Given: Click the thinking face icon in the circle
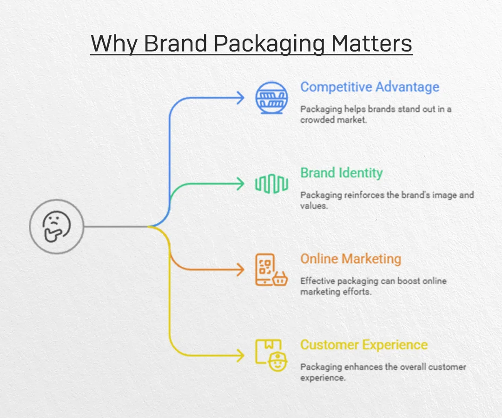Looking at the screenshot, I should [56, 227].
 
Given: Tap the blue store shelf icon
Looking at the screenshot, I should [271, 98].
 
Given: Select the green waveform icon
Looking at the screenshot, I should [271, 184].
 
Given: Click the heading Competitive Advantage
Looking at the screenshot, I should [370, 87].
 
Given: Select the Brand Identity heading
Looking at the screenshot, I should [341, 173].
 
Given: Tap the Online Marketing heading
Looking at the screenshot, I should [350, 259].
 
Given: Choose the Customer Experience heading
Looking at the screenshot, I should [363, 345].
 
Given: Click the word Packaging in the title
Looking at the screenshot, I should [269, 44].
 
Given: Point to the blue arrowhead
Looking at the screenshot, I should [240, 98].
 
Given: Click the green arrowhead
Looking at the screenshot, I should [240, 184].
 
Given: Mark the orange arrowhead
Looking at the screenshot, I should [240, 270].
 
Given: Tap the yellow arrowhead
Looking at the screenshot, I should [240, 356].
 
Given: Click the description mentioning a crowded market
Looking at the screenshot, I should [376, 114].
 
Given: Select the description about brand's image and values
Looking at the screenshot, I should [386, 200].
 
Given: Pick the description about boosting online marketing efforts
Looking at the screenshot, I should [373, 286].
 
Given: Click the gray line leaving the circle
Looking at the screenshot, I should [116, 227].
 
